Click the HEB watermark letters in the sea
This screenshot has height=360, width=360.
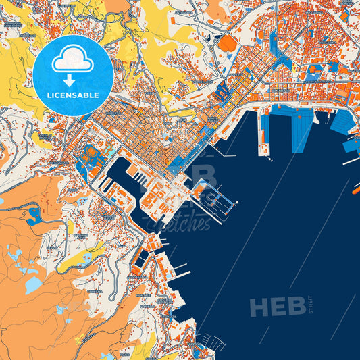[278, 307]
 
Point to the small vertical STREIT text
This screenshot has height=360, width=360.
[311, 305]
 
